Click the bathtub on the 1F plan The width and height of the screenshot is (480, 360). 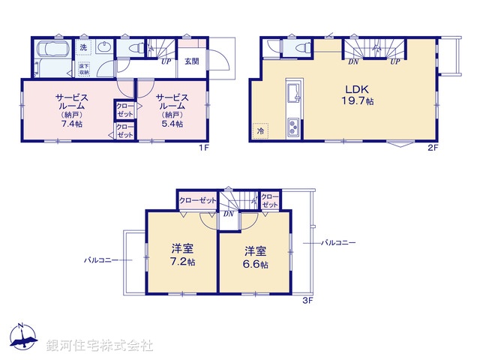tap(52, 55)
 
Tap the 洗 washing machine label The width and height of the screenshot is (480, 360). tap(84, 48)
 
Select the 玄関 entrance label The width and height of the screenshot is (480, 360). tap(191, 62)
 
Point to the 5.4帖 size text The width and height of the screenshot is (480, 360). tap(171, 123)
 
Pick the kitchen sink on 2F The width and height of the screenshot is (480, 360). tap(292, 94)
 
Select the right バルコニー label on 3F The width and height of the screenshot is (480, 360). tap(338, 242)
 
